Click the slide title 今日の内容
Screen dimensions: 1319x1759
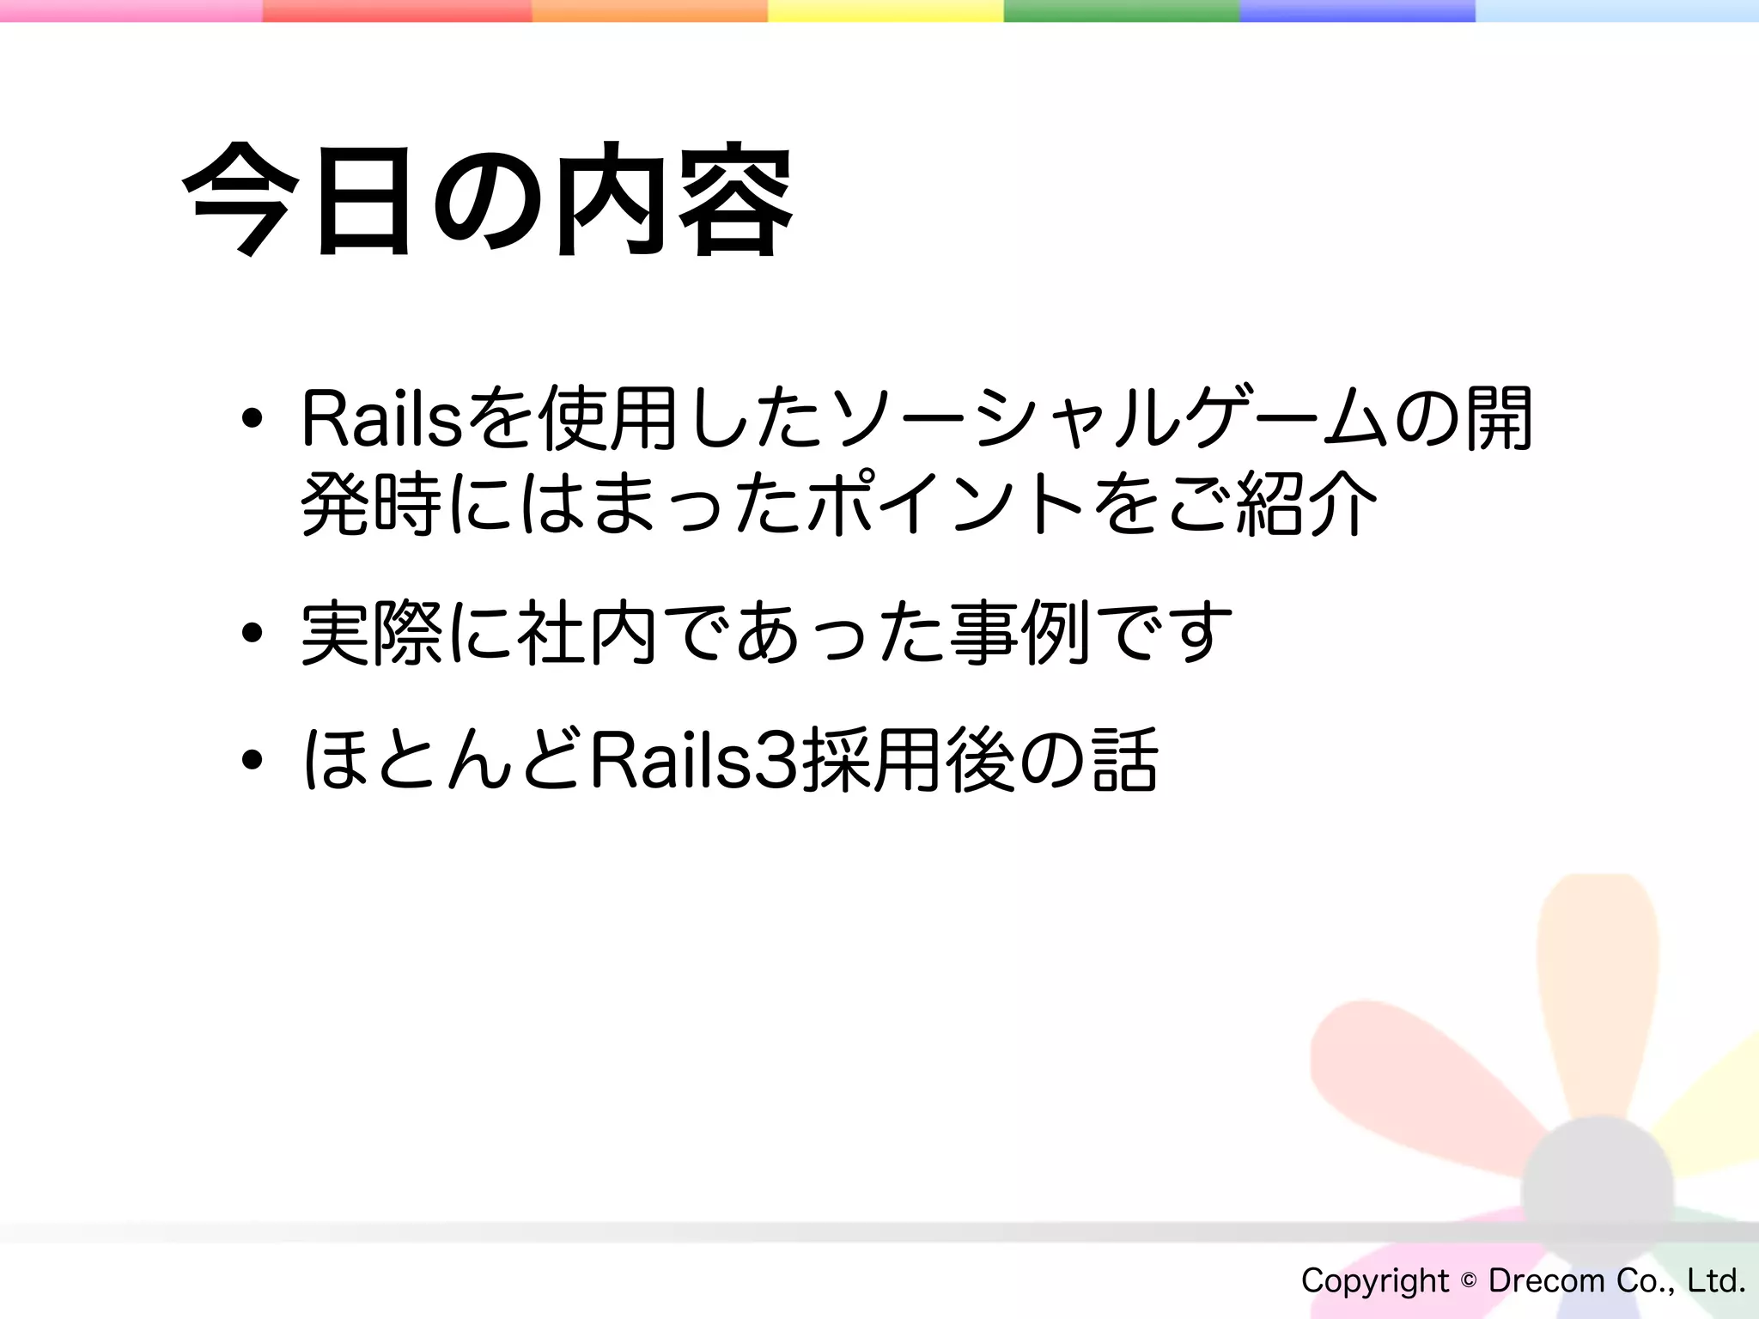click(x=487, y=200)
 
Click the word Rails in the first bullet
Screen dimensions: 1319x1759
click(x=382, y=420)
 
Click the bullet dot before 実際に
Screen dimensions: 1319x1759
click(x=252, y=634)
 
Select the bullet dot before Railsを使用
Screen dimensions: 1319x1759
click(x=252, y=419)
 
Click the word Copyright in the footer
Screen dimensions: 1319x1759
click(x=1375, y=1281)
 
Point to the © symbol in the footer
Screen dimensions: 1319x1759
click(x=1469, y=1280)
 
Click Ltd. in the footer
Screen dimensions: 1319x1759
click(x=1716, y=1280)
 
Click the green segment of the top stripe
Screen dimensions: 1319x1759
click(x=1121, y=10)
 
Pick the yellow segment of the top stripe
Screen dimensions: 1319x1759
click(x=885, y=10)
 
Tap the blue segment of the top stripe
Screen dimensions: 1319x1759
click(x=1357, y=10)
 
